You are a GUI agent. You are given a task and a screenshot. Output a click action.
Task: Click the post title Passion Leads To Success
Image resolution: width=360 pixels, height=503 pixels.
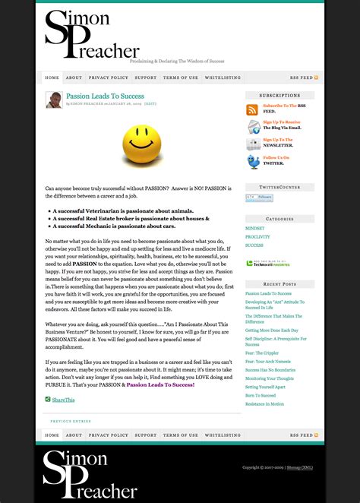click(x=105, y=96)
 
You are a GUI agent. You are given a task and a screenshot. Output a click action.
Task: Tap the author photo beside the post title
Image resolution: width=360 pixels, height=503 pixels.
click(x=54, y=100)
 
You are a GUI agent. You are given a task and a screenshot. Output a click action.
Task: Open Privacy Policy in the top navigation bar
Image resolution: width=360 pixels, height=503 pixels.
click(x=109, y=78)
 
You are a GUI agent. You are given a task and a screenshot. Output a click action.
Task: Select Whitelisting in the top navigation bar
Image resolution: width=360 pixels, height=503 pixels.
click(x=223, y=78)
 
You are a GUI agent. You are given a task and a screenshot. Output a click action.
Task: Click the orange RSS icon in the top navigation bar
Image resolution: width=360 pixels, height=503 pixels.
click(x=316, y=78)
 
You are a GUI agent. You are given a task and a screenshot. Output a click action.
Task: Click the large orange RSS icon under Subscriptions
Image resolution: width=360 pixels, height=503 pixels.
click(x=253, y=109)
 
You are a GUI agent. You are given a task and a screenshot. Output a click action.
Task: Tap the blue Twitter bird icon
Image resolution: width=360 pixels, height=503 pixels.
click(x=253, y=161)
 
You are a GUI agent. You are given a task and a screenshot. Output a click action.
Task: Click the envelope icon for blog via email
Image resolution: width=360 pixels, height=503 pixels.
click(x=253, y=126)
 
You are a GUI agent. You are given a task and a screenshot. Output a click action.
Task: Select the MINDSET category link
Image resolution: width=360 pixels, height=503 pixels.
click(x=255, y=228)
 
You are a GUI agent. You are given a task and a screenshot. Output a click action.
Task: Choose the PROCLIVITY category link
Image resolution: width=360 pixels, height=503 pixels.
click(x=257, y=237)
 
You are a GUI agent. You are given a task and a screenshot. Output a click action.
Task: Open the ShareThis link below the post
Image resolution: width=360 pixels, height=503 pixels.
click(x=63, y=400)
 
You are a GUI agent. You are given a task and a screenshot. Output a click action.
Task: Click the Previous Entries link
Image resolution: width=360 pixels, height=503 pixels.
click(x=71, y=420)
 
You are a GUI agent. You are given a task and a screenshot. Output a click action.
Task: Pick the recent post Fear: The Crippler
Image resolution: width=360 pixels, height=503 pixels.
click(x=262, y=353)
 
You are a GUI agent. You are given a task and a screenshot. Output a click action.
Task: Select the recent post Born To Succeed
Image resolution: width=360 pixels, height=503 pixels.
click(x=261, y=395)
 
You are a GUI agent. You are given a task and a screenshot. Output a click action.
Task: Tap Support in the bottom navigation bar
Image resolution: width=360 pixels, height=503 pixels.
click(x=146, y=435)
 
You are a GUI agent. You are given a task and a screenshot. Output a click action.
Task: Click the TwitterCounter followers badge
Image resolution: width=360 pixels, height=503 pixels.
click(x=258, y=198)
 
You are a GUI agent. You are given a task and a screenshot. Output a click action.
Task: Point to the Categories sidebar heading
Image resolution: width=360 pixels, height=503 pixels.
click(x=280, y=219)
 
